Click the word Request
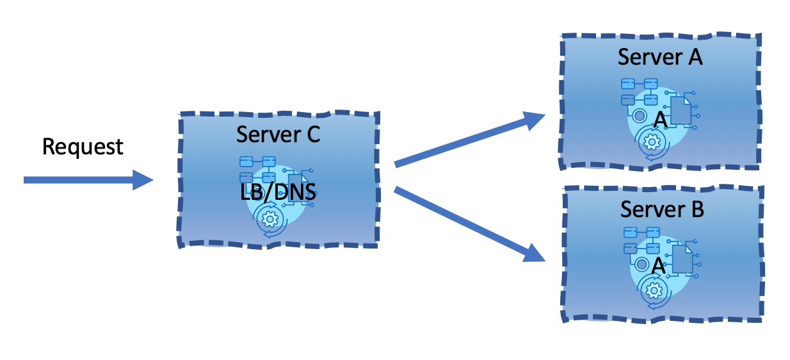click(83, 147)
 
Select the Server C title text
click(277, 135)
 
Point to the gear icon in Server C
click(270, 219)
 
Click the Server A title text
click(659, 57)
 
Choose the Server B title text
click(662, 209)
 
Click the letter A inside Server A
click(661, 119)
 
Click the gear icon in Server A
click(652, 142)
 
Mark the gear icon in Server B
click(654, 290)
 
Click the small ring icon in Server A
click(638, 116)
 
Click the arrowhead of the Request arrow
click(143, 180)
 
